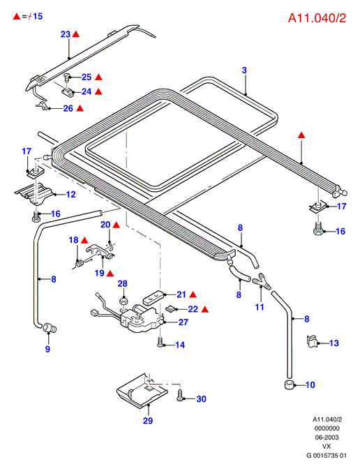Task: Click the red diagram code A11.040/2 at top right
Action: (x=317, y=18)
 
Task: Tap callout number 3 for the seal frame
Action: (x=244, y=70)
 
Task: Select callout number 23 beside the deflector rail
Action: (x=66, y=34)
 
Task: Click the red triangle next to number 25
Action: (x=98, y=77)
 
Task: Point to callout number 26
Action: (x=68, y=108)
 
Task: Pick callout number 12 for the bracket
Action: (x=71, y=195)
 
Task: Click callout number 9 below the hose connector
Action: (x=47, y=349)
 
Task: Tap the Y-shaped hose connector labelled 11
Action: (x=262, y=282)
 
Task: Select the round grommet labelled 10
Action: (x=289, y=384)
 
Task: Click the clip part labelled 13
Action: (x=312, y=342)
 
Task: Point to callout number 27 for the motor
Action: (x=183, y=322)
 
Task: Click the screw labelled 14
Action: (x=160, y=342)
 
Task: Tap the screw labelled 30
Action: (x=179, y=395)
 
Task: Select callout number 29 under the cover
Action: (x=148, y=421)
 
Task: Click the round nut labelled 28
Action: (x=123, y=301)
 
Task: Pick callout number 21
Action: (x=181, y=294)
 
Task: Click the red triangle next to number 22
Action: (x=205, y=309)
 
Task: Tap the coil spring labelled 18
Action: (x=80, y=264)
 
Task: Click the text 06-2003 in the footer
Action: (x=327, y=438)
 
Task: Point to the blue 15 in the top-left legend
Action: (x=38, y=16)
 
